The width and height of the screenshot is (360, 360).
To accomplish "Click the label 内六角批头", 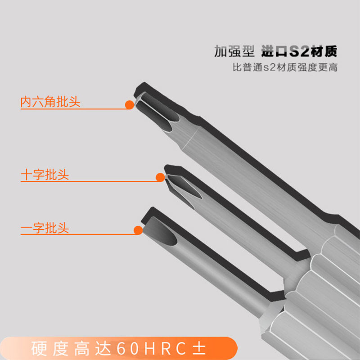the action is tap(50, 102).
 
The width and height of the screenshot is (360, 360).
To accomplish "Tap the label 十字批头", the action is tap(45, 175).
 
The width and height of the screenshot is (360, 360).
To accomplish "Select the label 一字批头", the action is tap(45, 228).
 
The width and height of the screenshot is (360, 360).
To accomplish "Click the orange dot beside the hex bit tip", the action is tap(130, 105).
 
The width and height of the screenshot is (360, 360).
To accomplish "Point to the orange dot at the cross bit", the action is tap(160, 177).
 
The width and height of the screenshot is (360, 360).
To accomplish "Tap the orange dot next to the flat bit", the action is tap(138, 230).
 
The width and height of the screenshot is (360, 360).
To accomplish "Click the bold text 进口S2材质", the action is tap(299, 51).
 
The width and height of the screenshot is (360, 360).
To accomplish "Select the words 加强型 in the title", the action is tap(234, 51).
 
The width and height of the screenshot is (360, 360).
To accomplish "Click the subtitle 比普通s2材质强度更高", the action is tap(285, 67).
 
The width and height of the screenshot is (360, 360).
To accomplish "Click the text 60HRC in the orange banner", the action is tap(151, 348).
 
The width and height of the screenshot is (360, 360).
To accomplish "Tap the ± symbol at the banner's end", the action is tap(199, 348).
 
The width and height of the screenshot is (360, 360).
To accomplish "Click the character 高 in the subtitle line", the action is tap(333, 67).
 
